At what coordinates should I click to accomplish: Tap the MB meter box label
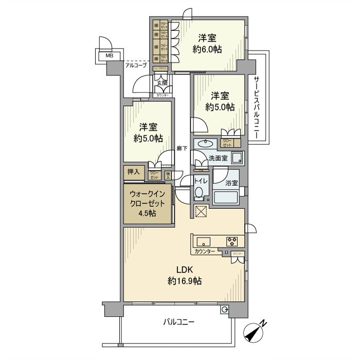coord(109,56)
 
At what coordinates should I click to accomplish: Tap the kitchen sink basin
coord(202,241)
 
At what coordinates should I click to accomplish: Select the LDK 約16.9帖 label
coord(184,276)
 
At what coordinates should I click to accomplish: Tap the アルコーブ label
coord(136,65)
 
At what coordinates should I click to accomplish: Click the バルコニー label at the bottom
coord(178,322)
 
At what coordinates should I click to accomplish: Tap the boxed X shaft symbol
coord(201,212)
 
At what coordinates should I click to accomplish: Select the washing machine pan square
coord(237,157)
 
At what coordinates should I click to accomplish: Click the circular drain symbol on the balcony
coord(224,309)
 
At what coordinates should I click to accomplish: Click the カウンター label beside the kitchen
coord(205,252)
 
